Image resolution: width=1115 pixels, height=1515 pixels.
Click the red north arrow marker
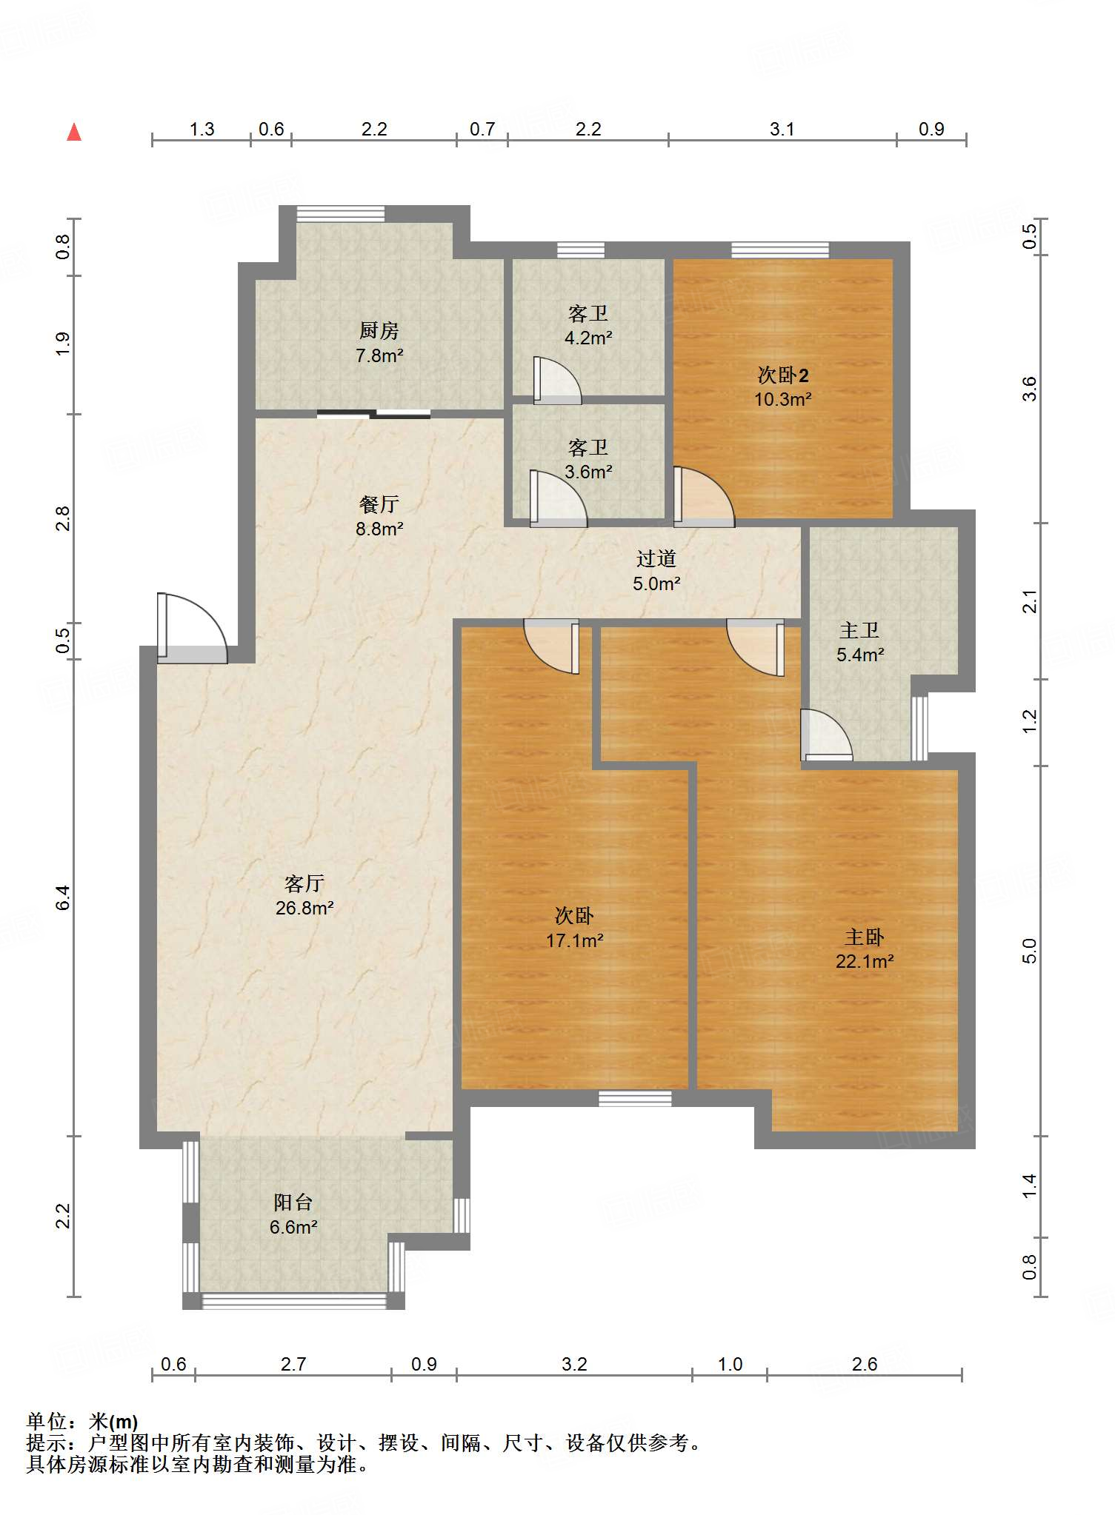point(74,132)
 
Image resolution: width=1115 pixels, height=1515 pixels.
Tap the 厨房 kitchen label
point(379,330)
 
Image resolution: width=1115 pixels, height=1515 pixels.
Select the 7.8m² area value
point(379,355)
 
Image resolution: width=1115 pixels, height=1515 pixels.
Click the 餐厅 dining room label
point(379,504)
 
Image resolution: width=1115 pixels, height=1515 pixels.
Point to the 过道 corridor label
point(656,558)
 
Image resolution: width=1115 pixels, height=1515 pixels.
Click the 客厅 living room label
point(304,883)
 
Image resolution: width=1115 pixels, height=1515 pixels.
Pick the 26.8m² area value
point(304,908)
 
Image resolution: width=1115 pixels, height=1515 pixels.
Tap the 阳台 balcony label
point(293,1202)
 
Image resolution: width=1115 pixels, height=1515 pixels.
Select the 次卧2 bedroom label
point(783,375)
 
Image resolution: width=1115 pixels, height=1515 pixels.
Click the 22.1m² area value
point(865,961)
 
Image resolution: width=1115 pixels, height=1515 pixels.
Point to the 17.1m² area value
point(575,940)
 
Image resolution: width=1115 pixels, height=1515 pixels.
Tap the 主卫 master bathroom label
point(860,630)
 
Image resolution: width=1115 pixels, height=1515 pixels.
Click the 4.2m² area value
point(588,338)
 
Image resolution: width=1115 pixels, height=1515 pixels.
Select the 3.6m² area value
point(588,472)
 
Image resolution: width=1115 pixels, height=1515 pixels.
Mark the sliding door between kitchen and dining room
point(373,414)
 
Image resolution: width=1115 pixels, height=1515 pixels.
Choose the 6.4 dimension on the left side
point(63,897)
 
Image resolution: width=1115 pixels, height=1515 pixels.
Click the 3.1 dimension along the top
point(782,130)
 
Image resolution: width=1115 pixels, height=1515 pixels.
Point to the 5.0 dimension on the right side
point(1029,951)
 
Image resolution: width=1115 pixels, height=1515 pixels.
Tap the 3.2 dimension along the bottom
point(574,1364)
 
